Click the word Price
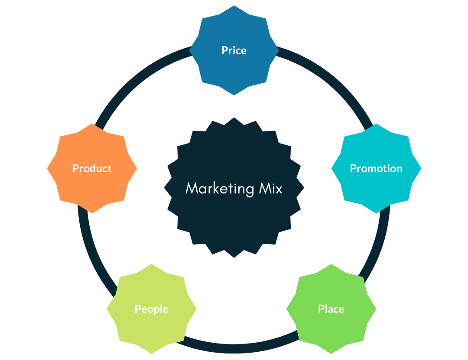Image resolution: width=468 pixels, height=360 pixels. point(234,50)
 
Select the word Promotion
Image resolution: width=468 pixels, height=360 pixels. point(376,168)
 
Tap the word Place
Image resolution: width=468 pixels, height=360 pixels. point(331,309)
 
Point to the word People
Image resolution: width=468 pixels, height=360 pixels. point(151,309)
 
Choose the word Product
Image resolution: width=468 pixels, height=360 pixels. point(92,168)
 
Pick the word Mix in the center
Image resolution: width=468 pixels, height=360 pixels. point(270,188)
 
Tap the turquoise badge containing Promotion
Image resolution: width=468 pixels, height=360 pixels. point(376,191)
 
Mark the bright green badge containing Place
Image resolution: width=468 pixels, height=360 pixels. point(331,330)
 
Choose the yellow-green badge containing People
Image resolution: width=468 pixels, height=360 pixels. point(151,330)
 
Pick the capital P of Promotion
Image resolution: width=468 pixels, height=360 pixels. point(353,168)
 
